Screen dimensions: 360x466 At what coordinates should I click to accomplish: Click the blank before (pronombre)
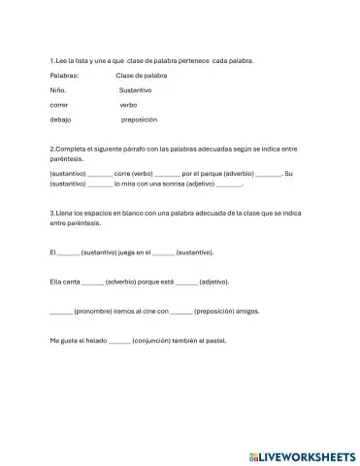(x=60, y=313)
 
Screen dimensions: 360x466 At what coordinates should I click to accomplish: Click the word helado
(x=95, y=341)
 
